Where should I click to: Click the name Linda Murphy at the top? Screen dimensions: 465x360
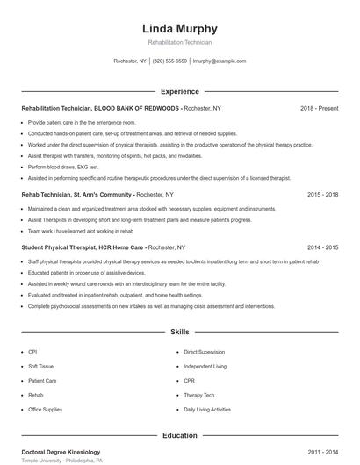click(x=179, y=29)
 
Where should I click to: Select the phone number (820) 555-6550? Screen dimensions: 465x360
click(x=169, y=61)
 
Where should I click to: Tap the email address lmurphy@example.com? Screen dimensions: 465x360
click(x=219, y=61)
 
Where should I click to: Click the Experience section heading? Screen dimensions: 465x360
click(x=179, y=91)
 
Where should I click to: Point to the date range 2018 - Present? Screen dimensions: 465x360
click(x=319, y=108)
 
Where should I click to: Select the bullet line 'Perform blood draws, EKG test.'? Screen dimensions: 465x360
click(x=63, y=167)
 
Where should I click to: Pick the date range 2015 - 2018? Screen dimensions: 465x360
click(x=322, y=195)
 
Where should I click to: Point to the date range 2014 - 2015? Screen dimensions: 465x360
click(x=322, y=248)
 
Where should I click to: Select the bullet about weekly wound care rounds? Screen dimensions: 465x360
click(x=126, y=284)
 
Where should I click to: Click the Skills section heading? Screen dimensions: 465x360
click(x=179, y=333)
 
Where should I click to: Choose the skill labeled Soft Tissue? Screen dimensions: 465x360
click(x=41, y=366)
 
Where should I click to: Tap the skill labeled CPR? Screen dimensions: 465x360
click(x=189, y=381)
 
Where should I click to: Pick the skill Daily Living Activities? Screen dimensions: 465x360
click(x=207, y=410)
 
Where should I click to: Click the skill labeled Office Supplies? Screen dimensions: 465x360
click(x=46, y=410)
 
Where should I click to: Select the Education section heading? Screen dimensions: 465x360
click(x=179, y=435)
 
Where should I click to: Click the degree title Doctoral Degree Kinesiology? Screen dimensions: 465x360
click(x=61, y=452)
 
